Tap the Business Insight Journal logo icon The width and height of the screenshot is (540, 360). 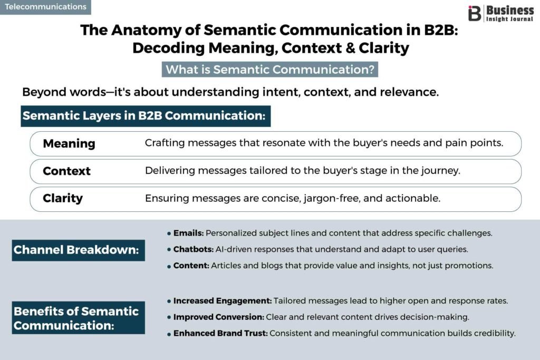[x=475, y=13]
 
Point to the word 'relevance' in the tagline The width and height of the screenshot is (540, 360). [x=412, y=92]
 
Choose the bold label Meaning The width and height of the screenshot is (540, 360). [x=69, y=143]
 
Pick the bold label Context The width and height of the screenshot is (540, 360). [x=66, y=171]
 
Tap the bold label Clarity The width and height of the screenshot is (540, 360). [x=63, y=198]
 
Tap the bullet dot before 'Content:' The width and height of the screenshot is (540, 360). [x=169, y=266]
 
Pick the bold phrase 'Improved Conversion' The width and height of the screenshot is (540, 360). [x=218, y=317]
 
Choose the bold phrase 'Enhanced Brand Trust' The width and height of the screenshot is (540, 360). [x=220, y=333]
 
